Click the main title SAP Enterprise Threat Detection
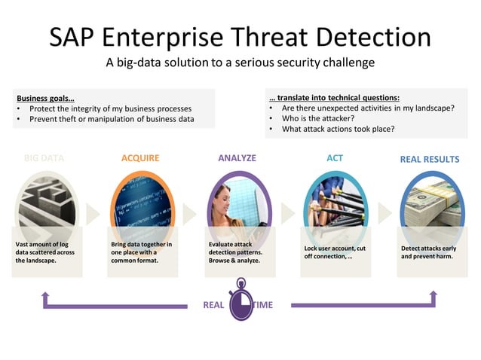tap(240, 36)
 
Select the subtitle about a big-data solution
tap(240, 63)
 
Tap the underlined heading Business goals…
tap(45, 98)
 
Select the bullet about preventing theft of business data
tap(112, 119)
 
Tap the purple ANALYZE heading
tap(237, 158)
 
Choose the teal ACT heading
tap(334, 158)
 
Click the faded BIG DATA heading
tap(44, 159)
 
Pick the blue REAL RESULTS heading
tap(429, 159)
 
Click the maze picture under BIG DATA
tap(46, 200)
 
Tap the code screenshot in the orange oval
tap(142, 200)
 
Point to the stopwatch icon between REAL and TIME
tap(240, 301)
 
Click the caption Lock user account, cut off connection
tap(335, 252)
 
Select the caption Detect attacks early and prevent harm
tap(427, 252)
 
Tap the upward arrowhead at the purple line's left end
tap(46, 294)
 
